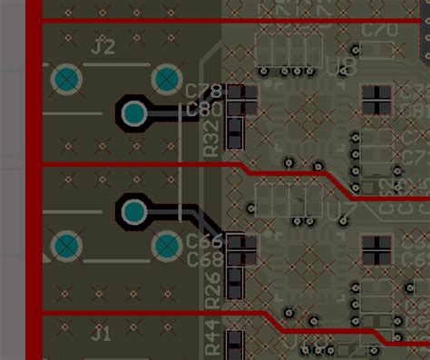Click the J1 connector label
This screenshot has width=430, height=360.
click(x=102, y=334)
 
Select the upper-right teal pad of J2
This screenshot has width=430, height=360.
click(x=167, y=80)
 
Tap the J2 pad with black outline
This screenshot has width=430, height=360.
click(x=133, y=113)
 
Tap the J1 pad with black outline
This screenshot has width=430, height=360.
click(x=133, y=211)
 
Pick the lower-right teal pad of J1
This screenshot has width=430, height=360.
click(x=167, y=246)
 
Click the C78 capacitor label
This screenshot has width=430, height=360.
click(x=204, y=92)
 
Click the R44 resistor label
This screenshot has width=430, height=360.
click(x=211, y=338)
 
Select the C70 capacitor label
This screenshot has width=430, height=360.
click(x=379, y=30)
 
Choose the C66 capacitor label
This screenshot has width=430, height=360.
click(x=204, y=241)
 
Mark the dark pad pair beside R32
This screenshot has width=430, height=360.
click(x=236, y=135)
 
